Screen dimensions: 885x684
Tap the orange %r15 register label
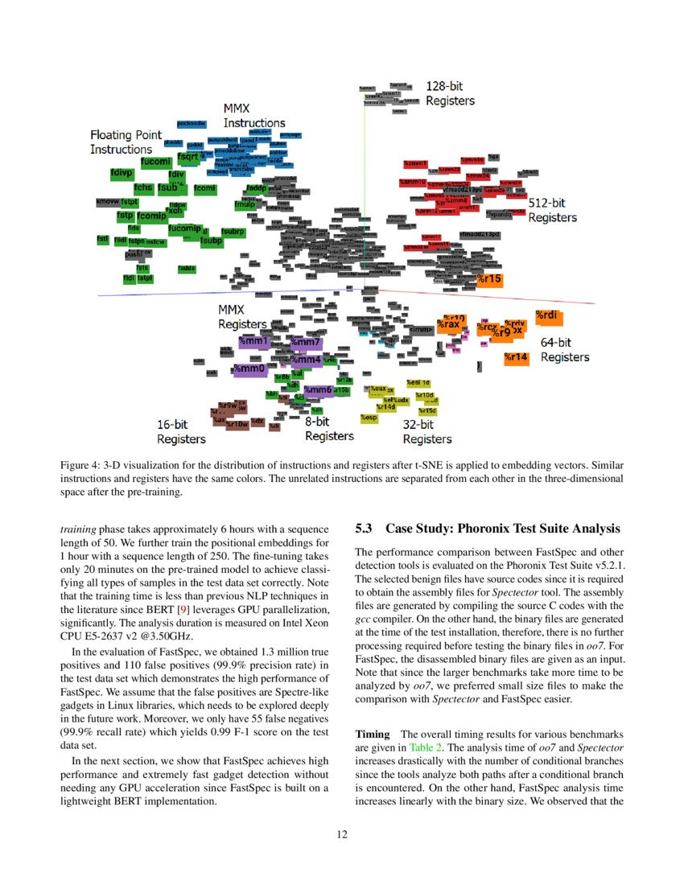(489, 279)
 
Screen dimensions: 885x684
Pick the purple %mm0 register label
(249, 368)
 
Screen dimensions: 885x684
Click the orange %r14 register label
(516, 357)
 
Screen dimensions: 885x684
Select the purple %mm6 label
(319, 390)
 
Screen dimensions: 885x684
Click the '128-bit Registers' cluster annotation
(450, 93)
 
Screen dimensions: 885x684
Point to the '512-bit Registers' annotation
(552, 210)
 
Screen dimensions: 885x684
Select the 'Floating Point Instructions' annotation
(121, 142)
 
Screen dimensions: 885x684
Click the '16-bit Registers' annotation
(181, 431)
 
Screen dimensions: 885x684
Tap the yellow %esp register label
(369, 418)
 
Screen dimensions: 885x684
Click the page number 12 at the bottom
(342, 834)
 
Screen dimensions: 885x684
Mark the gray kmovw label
(107, 201)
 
